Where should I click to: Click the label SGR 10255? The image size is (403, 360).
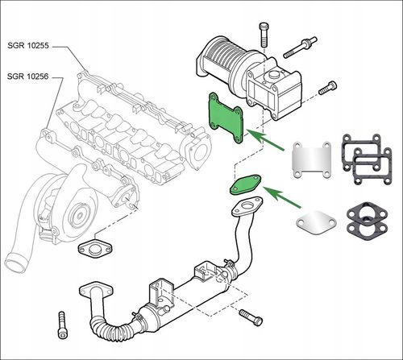point(28,45)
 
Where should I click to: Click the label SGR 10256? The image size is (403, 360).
point(28,77)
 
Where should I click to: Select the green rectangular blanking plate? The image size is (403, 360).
point(226,118)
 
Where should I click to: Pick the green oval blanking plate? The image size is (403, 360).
point(246,184)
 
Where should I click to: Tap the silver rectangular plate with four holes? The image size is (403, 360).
point(312,160)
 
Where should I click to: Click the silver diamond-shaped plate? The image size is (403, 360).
point(316,223)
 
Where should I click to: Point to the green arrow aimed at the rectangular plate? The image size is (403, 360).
point(265,139)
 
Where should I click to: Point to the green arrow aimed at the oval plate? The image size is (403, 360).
point(282,197)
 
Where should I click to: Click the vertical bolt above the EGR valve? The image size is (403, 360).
point(264,35)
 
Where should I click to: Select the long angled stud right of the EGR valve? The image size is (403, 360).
point(300,48)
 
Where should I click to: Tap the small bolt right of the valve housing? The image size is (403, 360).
point(328,88)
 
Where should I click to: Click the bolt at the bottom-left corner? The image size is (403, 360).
point(62,325)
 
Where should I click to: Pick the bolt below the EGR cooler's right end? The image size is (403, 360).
point(251,317)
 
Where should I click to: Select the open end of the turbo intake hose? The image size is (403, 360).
point(15,263)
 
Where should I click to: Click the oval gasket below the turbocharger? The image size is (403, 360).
point(95,248)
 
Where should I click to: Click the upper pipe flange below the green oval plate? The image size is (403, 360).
point(247,206)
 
